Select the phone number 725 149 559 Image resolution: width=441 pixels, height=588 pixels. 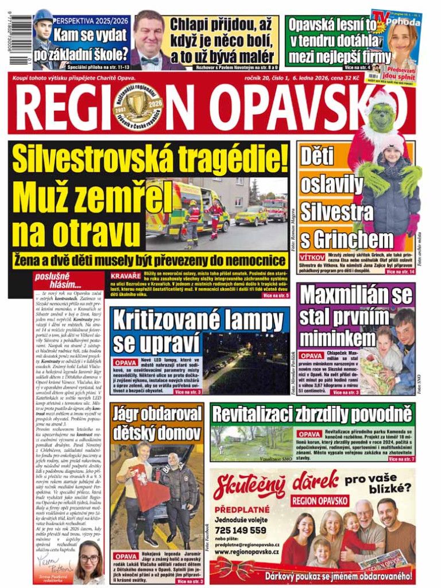(x=241, y=530)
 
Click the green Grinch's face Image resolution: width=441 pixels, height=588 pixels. (x=381, y=117)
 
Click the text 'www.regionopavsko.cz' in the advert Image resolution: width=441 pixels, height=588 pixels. (x=247, y=552)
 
